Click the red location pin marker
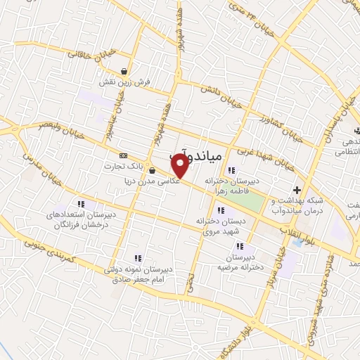click(x=180, y=166)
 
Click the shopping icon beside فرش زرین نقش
click(x=124, y=71)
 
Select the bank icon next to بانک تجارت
click(x=124, y=155)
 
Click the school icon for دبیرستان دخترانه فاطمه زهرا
click(x=231, y=170)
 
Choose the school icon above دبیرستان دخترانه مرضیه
click(x=239, y=246)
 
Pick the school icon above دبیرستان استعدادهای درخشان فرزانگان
click(x=80, y=204)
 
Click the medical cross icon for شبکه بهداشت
click(x=297, y=190)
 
